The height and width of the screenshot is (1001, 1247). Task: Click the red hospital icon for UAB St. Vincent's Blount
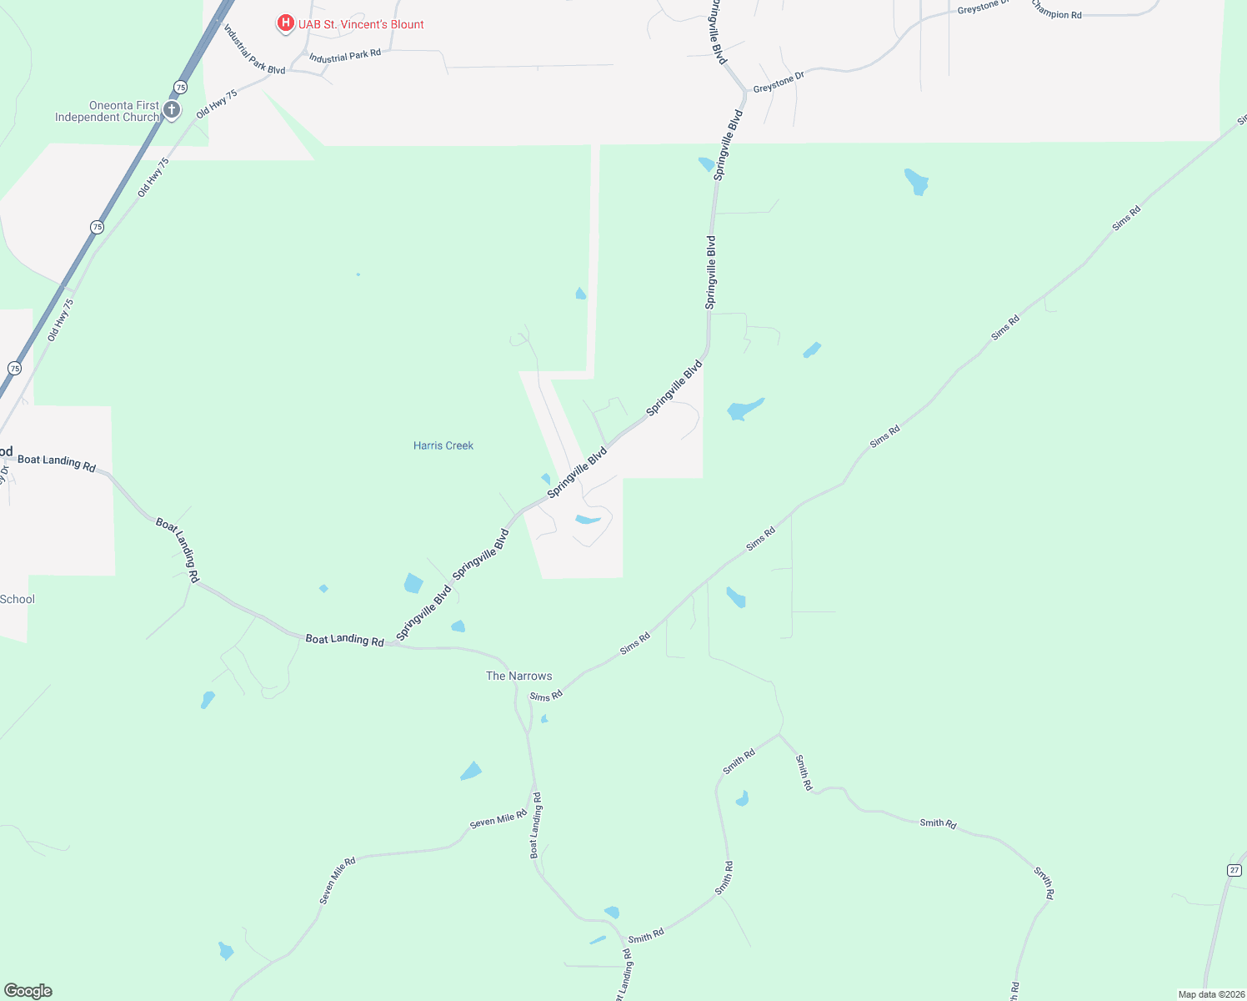pos(285,23)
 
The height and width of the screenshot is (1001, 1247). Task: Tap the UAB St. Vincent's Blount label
pos(361,24)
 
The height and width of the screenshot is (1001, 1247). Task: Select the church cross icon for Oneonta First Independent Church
pos(172,110)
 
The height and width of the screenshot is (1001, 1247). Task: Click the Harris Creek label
pos(443,445)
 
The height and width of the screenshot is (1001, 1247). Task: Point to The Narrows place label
pos(518,676)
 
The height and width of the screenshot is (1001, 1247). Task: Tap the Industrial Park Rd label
pos(345,56)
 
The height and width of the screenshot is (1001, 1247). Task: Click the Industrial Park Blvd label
pos(254,49)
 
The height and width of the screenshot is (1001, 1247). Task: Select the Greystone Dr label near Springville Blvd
pos(779,82)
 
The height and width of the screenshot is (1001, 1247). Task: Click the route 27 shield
pos(1234,870)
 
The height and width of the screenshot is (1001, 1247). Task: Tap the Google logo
pos(28,991)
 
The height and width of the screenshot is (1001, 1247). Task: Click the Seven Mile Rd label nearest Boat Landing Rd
pos(498,818)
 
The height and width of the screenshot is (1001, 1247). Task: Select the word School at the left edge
pos(18,599)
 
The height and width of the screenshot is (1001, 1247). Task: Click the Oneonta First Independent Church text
pos(107,111)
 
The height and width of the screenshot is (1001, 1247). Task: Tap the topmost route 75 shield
pos(180,87)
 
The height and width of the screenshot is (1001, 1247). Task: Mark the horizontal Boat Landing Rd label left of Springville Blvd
pos(344,640)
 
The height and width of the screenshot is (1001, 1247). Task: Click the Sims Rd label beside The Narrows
pos(546,696)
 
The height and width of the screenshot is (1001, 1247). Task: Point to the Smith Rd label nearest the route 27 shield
pos(1044,883)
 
